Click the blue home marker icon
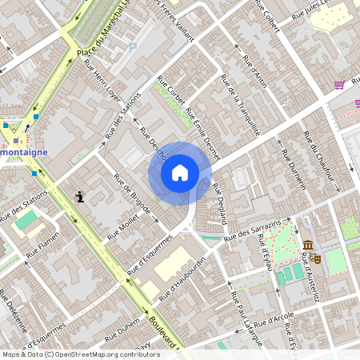pyautogui.click(x=180, y=173)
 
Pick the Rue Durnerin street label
pyautogui.click(x=294, y=164)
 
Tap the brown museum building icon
pyautogui.click(x=309, y=245)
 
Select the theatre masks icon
pyautogui.click(x=316, y=258)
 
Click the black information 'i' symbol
pyautogui.click(x=79, y=195)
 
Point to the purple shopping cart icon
pyautogui.click(x=340, y=84)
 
